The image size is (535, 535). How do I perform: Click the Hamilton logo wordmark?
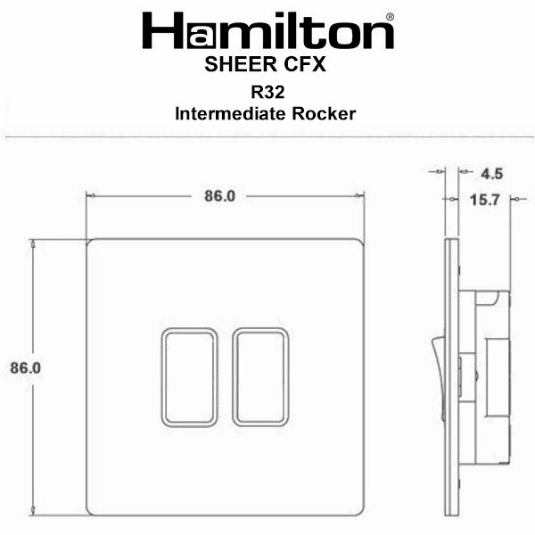pyautogui.click(x=268, y=30)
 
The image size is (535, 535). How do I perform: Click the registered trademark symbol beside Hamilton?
pyautogui.click(x=390, y=17)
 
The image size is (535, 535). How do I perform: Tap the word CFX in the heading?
pyautogui.click(x=305, y=64)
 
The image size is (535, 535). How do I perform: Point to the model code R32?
pyautogui.click(x=267, y=92)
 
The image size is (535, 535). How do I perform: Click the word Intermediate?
pyautogui.click(x=231, y=114)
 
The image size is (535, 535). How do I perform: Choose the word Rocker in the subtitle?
pyautogui.click(x=324, y=114)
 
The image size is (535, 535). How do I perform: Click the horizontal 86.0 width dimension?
pyautogui.click(x=219, y=196)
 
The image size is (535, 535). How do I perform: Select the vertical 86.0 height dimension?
pyautogui.click(x=25, y=367)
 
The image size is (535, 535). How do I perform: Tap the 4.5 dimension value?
pyautogui.click(x=491, y=174)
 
